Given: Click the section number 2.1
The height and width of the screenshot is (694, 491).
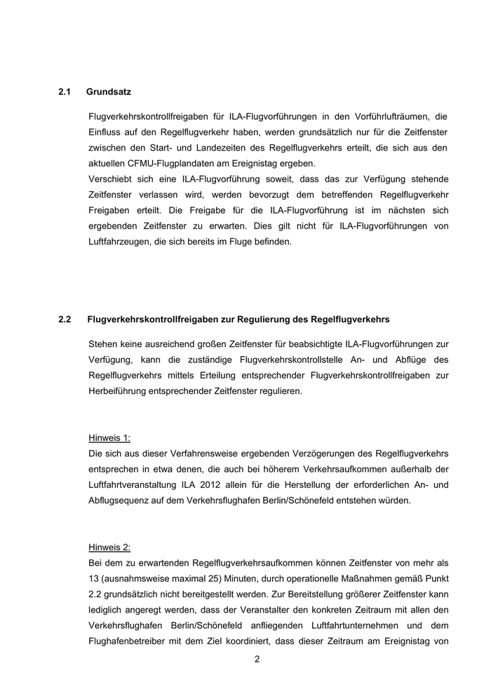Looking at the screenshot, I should [x=65, y=92].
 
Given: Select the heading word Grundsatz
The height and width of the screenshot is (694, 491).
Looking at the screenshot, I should [x=109, y=92].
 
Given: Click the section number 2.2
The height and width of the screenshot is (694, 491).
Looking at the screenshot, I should [x=65, y=320].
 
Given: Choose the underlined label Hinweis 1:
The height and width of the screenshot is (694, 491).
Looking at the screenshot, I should [x=109, y=438].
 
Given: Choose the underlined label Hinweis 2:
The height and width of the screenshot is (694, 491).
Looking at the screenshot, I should [x=109, y=547].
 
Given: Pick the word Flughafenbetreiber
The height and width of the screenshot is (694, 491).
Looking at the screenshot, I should [x=131, y=641].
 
